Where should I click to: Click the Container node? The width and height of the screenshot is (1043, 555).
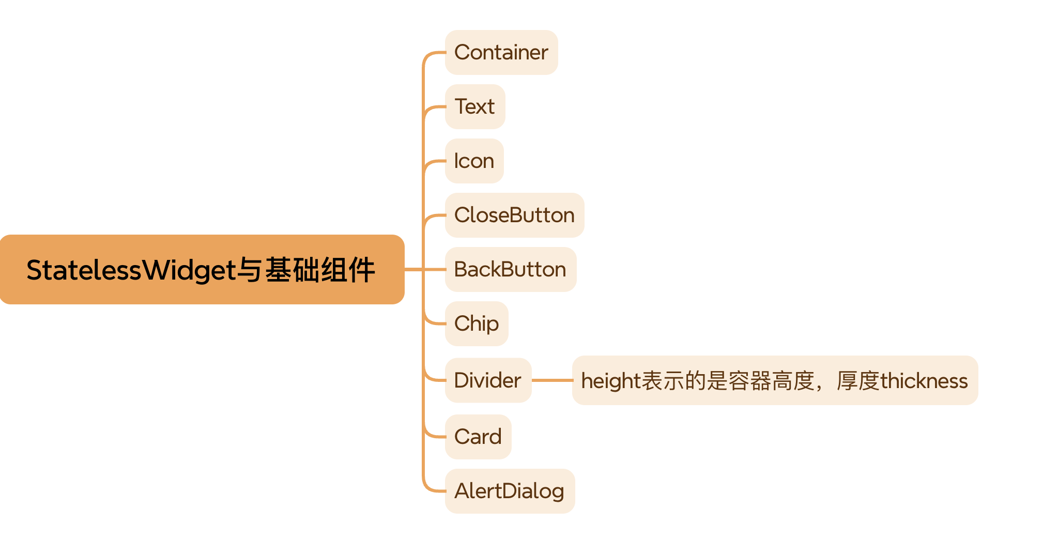click(x=501, y=52)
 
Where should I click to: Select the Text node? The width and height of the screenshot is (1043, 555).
click(x=475, y=106)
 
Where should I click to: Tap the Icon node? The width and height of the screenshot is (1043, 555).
click(x=474, y=161)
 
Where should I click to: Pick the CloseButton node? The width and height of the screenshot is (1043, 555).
click(x=515, y=215)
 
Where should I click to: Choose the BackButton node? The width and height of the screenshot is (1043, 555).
click(x=511, y=269)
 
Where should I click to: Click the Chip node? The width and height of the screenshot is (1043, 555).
click(x=477, y=323)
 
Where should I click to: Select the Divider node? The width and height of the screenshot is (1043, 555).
click(x=488, y=380)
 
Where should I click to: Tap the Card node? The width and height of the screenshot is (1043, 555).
click(x=478, y=437)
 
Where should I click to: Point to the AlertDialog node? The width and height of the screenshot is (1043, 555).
click(x=510, y=491)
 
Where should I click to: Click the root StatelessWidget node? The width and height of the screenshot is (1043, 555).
click(x=202, y=269)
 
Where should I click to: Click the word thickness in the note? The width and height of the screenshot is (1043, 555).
click(x=924, y=381)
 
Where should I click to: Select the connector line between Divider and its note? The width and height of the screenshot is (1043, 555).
click(x=552, y=380)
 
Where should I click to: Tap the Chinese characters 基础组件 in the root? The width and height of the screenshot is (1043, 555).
click(x=320, y=270)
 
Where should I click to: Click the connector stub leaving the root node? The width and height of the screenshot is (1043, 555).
click(x=413, y=269)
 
